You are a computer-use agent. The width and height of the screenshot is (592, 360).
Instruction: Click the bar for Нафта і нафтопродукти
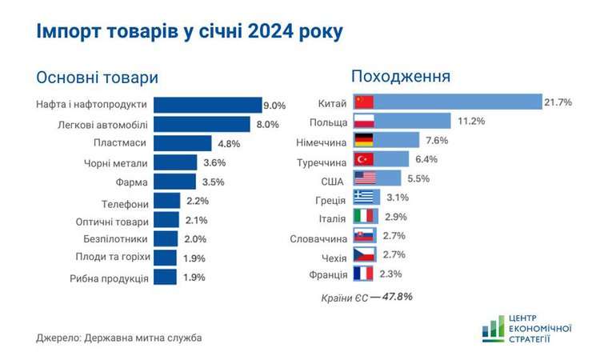(207, 105)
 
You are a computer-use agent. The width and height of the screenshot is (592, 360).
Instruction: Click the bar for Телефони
(166, 202)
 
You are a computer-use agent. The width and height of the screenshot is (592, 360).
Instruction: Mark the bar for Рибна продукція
(165, 277)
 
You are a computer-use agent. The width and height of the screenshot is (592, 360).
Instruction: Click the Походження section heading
(401, 77)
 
